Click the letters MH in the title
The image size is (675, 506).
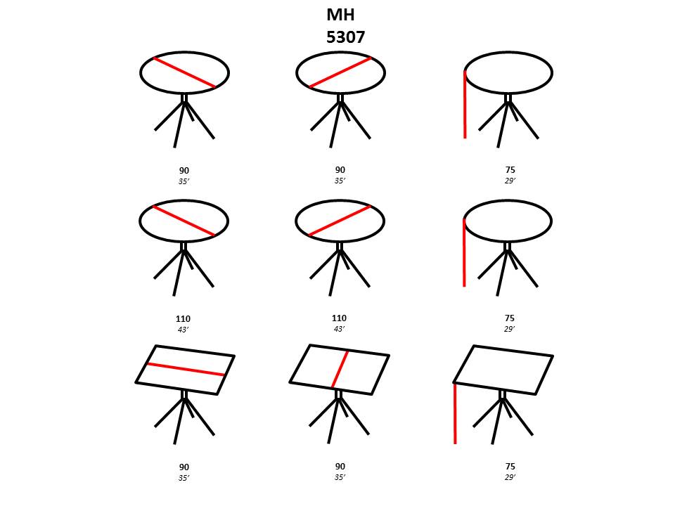(x=340, y=15)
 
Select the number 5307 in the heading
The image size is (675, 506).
(x=346, y=37)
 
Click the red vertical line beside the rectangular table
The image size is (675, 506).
(x=455, y=413)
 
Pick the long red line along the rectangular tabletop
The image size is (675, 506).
(x=186, y=370)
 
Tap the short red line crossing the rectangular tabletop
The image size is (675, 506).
(x=340, y=369)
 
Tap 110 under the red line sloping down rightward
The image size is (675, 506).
(x=183, y=319)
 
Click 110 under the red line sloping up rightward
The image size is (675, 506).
(x=339, y=318)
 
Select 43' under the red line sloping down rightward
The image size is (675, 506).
(x=184, y=330)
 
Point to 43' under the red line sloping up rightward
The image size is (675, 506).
(x=339, y=329)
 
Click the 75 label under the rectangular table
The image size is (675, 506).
(x=510, y=466)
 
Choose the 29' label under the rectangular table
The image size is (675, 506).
(x=510, y=476)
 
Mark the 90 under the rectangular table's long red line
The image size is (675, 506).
(x=184, y=467)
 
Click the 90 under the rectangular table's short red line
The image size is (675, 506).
(x=340, y=466)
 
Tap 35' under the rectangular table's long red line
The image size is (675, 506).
(x=184, y=478)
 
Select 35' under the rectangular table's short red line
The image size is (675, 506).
(x=340, y=476)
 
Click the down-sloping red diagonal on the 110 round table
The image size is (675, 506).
(x=184, y=221)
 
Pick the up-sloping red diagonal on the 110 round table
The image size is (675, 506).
(x=340, y=221)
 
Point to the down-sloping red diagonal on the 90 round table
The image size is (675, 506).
(x=184, y=72)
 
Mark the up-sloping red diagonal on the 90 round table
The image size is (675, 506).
(x=340, y=72)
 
